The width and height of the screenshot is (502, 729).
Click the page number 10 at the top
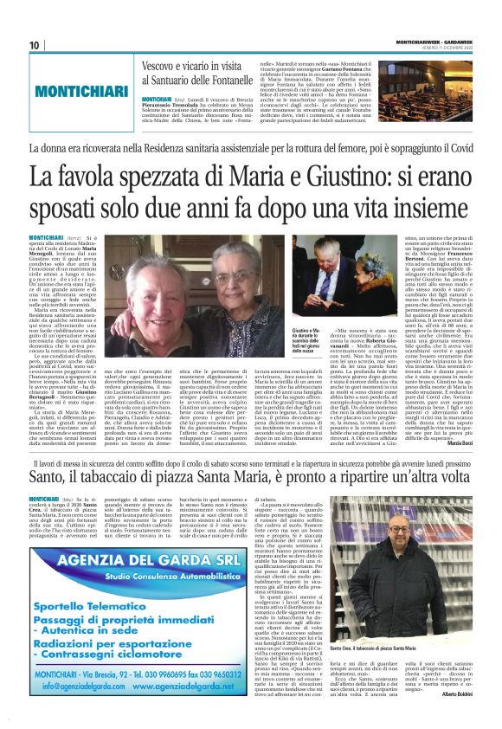(35, 46)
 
